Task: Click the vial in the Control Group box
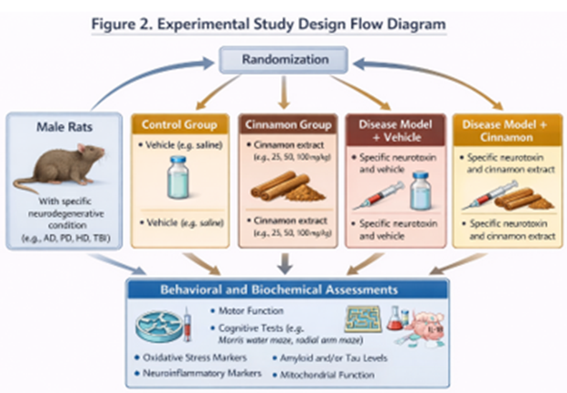coord(178,177)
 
